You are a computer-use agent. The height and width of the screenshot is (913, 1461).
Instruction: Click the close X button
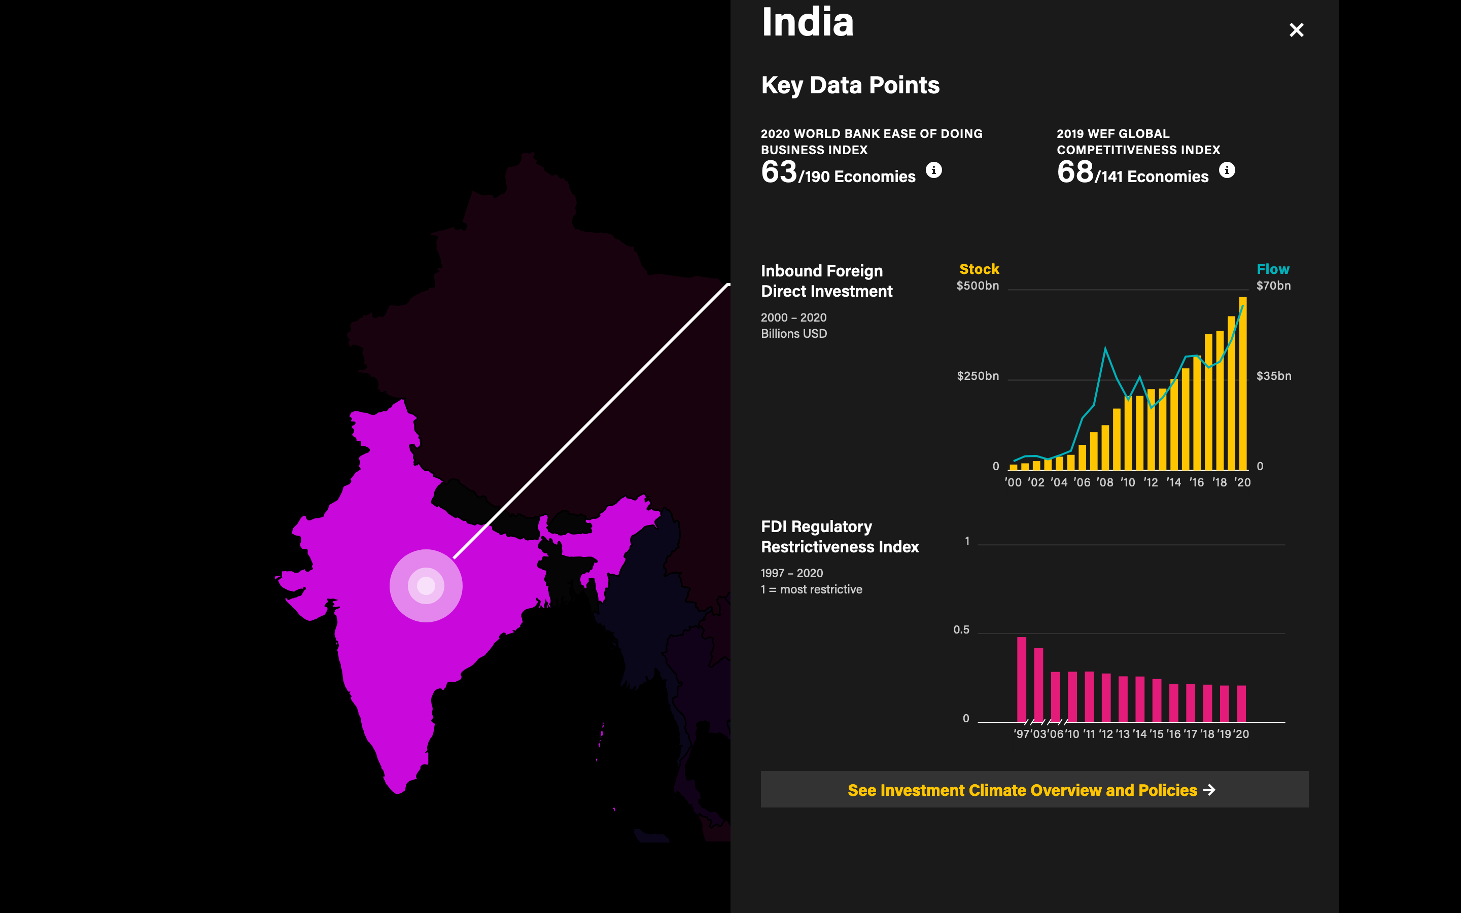click(x=1296, y=30)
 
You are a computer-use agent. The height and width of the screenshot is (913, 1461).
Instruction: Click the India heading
click(x=807, y=22)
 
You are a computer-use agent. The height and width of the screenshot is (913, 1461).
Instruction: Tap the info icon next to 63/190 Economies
click(x=933, y=170)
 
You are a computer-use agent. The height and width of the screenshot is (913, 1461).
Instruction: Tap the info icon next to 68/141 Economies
click(x=1227, y=170)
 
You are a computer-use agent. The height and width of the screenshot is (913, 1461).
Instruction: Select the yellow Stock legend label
click(x=979, y=269)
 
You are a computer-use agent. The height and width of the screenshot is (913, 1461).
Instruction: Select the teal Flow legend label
click(x=1273, y=269)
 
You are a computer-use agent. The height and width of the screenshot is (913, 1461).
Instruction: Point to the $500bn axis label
click(x=978, y=286)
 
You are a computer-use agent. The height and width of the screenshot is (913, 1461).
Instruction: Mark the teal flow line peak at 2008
click(x=1105, y=348)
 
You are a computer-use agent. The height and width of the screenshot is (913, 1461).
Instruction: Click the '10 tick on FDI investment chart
click(x=1128, y=482)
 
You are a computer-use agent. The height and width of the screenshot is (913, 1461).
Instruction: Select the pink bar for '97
click(x=1022, y=679)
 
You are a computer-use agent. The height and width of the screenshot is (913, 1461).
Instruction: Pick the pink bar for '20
click(x=1241, y=704)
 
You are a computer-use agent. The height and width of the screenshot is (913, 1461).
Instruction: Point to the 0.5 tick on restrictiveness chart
click(x=961, y=630)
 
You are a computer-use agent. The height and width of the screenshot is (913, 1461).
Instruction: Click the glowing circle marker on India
click(x=426, y=586)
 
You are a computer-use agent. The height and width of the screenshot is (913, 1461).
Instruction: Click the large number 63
click(x=779, y=172)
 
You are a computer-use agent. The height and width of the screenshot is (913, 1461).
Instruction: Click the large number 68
click(x=1074, y=172)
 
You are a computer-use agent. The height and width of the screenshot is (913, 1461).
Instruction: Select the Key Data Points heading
click(x=850, y=85)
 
